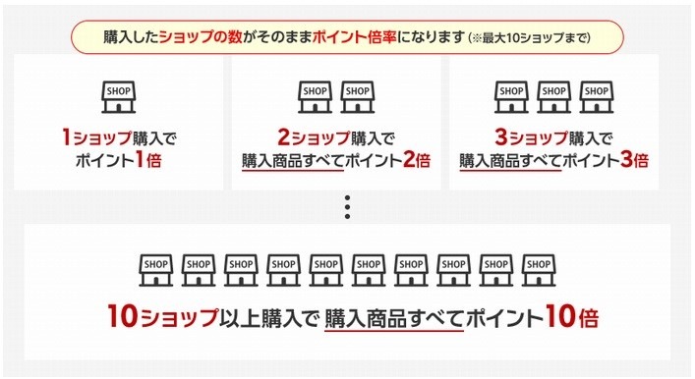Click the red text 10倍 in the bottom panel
pos(571,319)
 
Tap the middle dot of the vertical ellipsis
pos(347,207)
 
